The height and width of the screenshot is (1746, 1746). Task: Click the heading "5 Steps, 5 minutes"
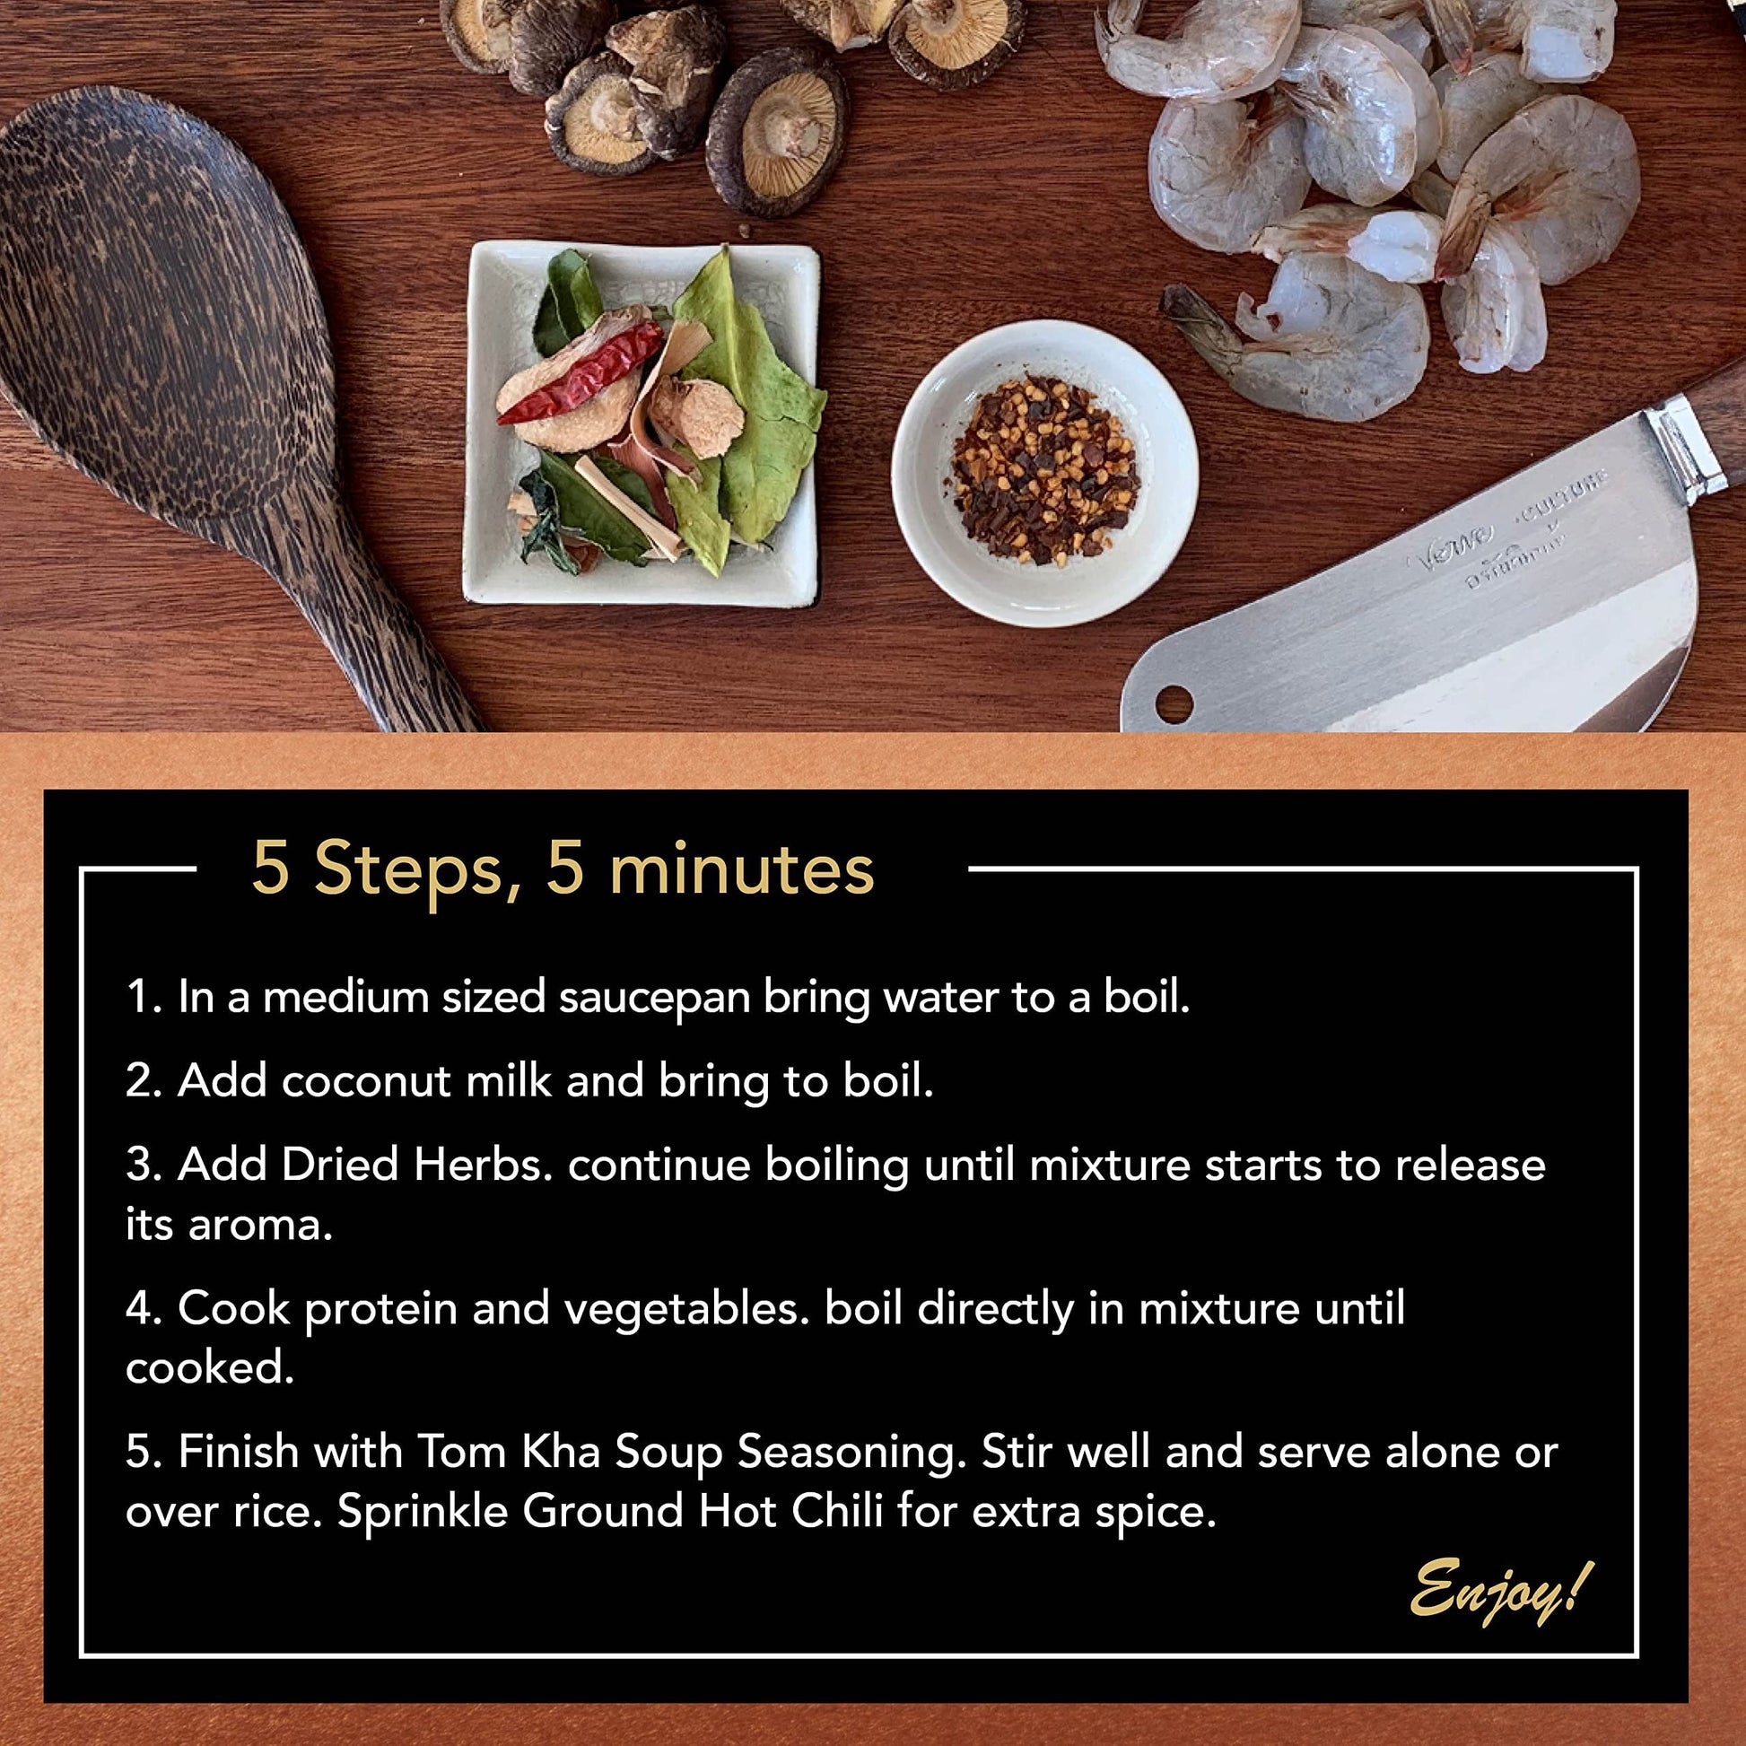pos(563,869)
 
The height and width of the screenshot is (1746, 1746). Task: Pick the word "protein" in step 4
pos(380,1312)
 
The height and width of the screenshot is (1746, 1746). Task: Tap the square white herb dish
pos(641,423)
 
